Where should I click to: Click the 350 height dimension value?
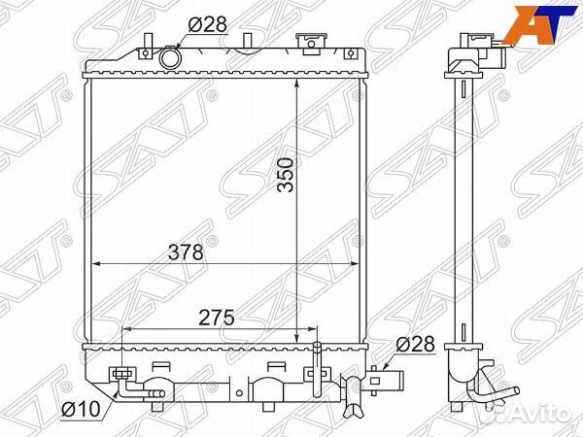pos(286,175)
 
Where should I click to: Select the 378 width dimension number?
pos(186,252)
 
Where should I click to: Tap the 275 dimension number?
pos(217,318)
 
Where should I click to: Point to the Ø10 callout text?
pos(81,410)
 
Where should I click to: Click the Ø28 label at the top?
pos(207,24)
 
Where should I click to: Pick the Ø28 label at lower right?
pos(415,344)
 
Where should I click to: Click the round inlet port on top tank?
pos(170,57)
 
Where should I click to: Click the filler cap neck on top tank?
pos(312,44)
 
